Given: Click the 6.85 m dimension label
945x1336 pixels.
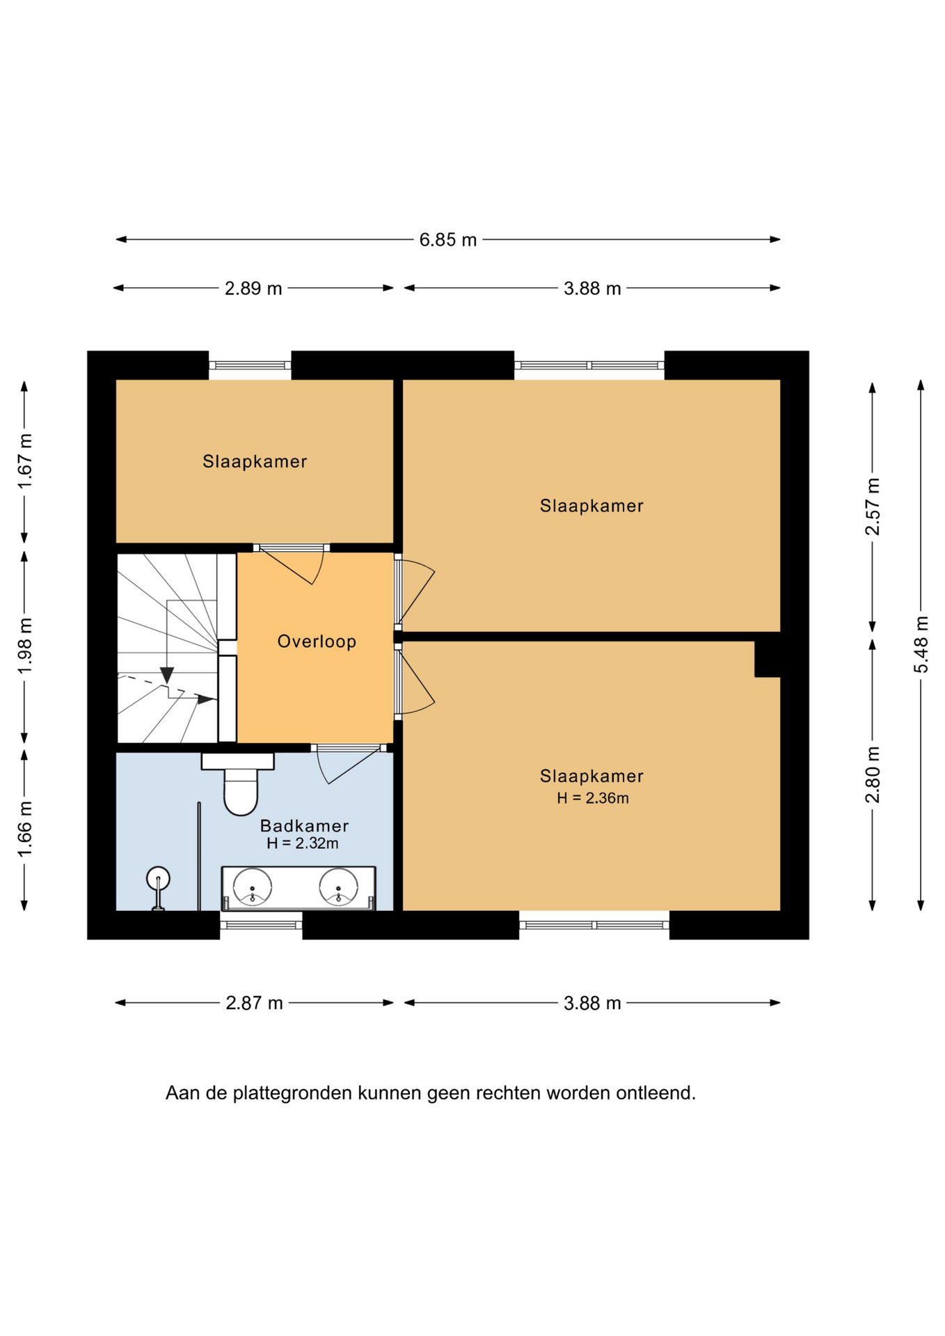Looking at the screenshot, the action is pyautogui.click(x=447, y=240).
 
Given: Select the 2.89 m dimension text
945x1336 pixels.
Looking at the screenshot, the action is pyautogui.click(x=253, y=288).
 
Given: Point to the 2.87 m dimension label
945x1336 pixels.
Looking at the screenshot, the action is pyautogui.click(x=254, y=1003).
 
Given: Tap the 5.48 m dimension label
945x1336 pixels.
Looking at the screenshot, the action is pyautogui.click(x=921, y=644).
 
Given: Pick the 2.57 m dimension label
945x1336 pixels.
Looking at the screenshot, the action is pyautogui.click(x=872, y=507).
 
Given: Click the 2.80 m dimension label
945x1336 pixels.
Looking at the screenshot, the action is pyautogui.click(x=872, y=774).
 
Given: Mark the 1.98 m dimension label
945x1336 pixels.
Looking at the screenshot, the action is pyautogui.click(x=24, y=646).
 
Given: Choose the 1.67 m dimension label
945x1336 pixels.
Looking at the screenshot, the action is pyautogui.click(x=24, y=461).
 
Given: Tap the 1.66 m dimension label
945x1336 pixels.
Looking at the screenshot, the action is pyautogui.click(x=24, y=829).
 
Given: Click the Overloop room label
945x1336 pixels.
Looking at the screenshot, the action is pyautogui.click(x=317, y=641).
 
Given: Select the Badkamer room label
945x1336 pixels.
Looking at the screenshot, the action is pyautogui.click(x=304, y=826).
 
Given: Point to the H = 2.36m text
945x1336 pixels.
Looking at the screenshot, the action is pyautogui.click(x=592, y=798).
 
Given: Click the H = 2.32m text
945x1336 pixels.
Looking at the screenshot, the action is pyautogui.click(x=302, y=843).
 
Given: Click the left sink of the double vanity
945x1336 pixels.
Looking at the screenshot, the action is pyautogui.click(x=252, y=887).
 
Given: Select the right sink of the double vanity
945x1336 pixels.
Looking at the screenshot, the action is pyautogui.click(x=338, y=887).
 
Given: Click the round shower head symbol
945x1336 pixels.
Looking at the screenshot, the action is pyautogui.click(x=158, y=878).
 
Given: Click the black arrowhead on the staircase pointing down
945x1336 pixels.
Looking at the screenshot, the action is pyautogui.click(x=167, y=675).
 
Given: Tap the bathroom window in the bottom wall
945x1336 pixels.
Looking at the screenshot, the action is pyautogui.click(x=261, y=925).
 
